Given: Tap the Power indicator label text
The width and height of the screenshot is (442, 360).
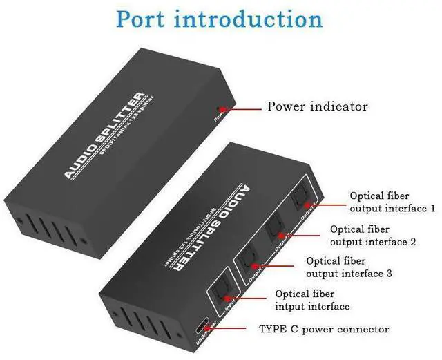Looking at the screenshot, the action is tap(318, 106).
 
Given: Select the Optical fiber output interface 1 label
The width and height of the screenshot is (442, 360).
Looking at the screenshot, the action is tap(392, 202).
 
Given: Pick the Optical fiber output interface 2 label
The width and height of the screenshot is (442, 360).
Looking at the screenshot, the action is tap(372, 235).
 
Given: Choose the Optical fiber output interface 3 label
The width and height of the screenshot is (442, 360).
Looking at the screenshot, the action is tap(349, 267).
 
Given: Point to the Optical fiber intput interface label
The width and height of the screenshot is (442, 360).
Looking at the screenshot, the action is tap(312, 300).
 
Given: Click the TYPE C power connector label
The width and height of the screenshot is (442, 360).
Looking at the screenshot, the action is tap(324, 330).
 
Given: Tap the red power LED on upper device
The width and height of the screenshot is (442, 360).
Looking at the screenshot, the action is tap(220, 108).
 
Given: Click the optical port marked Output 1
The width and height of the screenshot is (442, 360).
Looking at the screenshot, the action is tap(302, 198).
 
